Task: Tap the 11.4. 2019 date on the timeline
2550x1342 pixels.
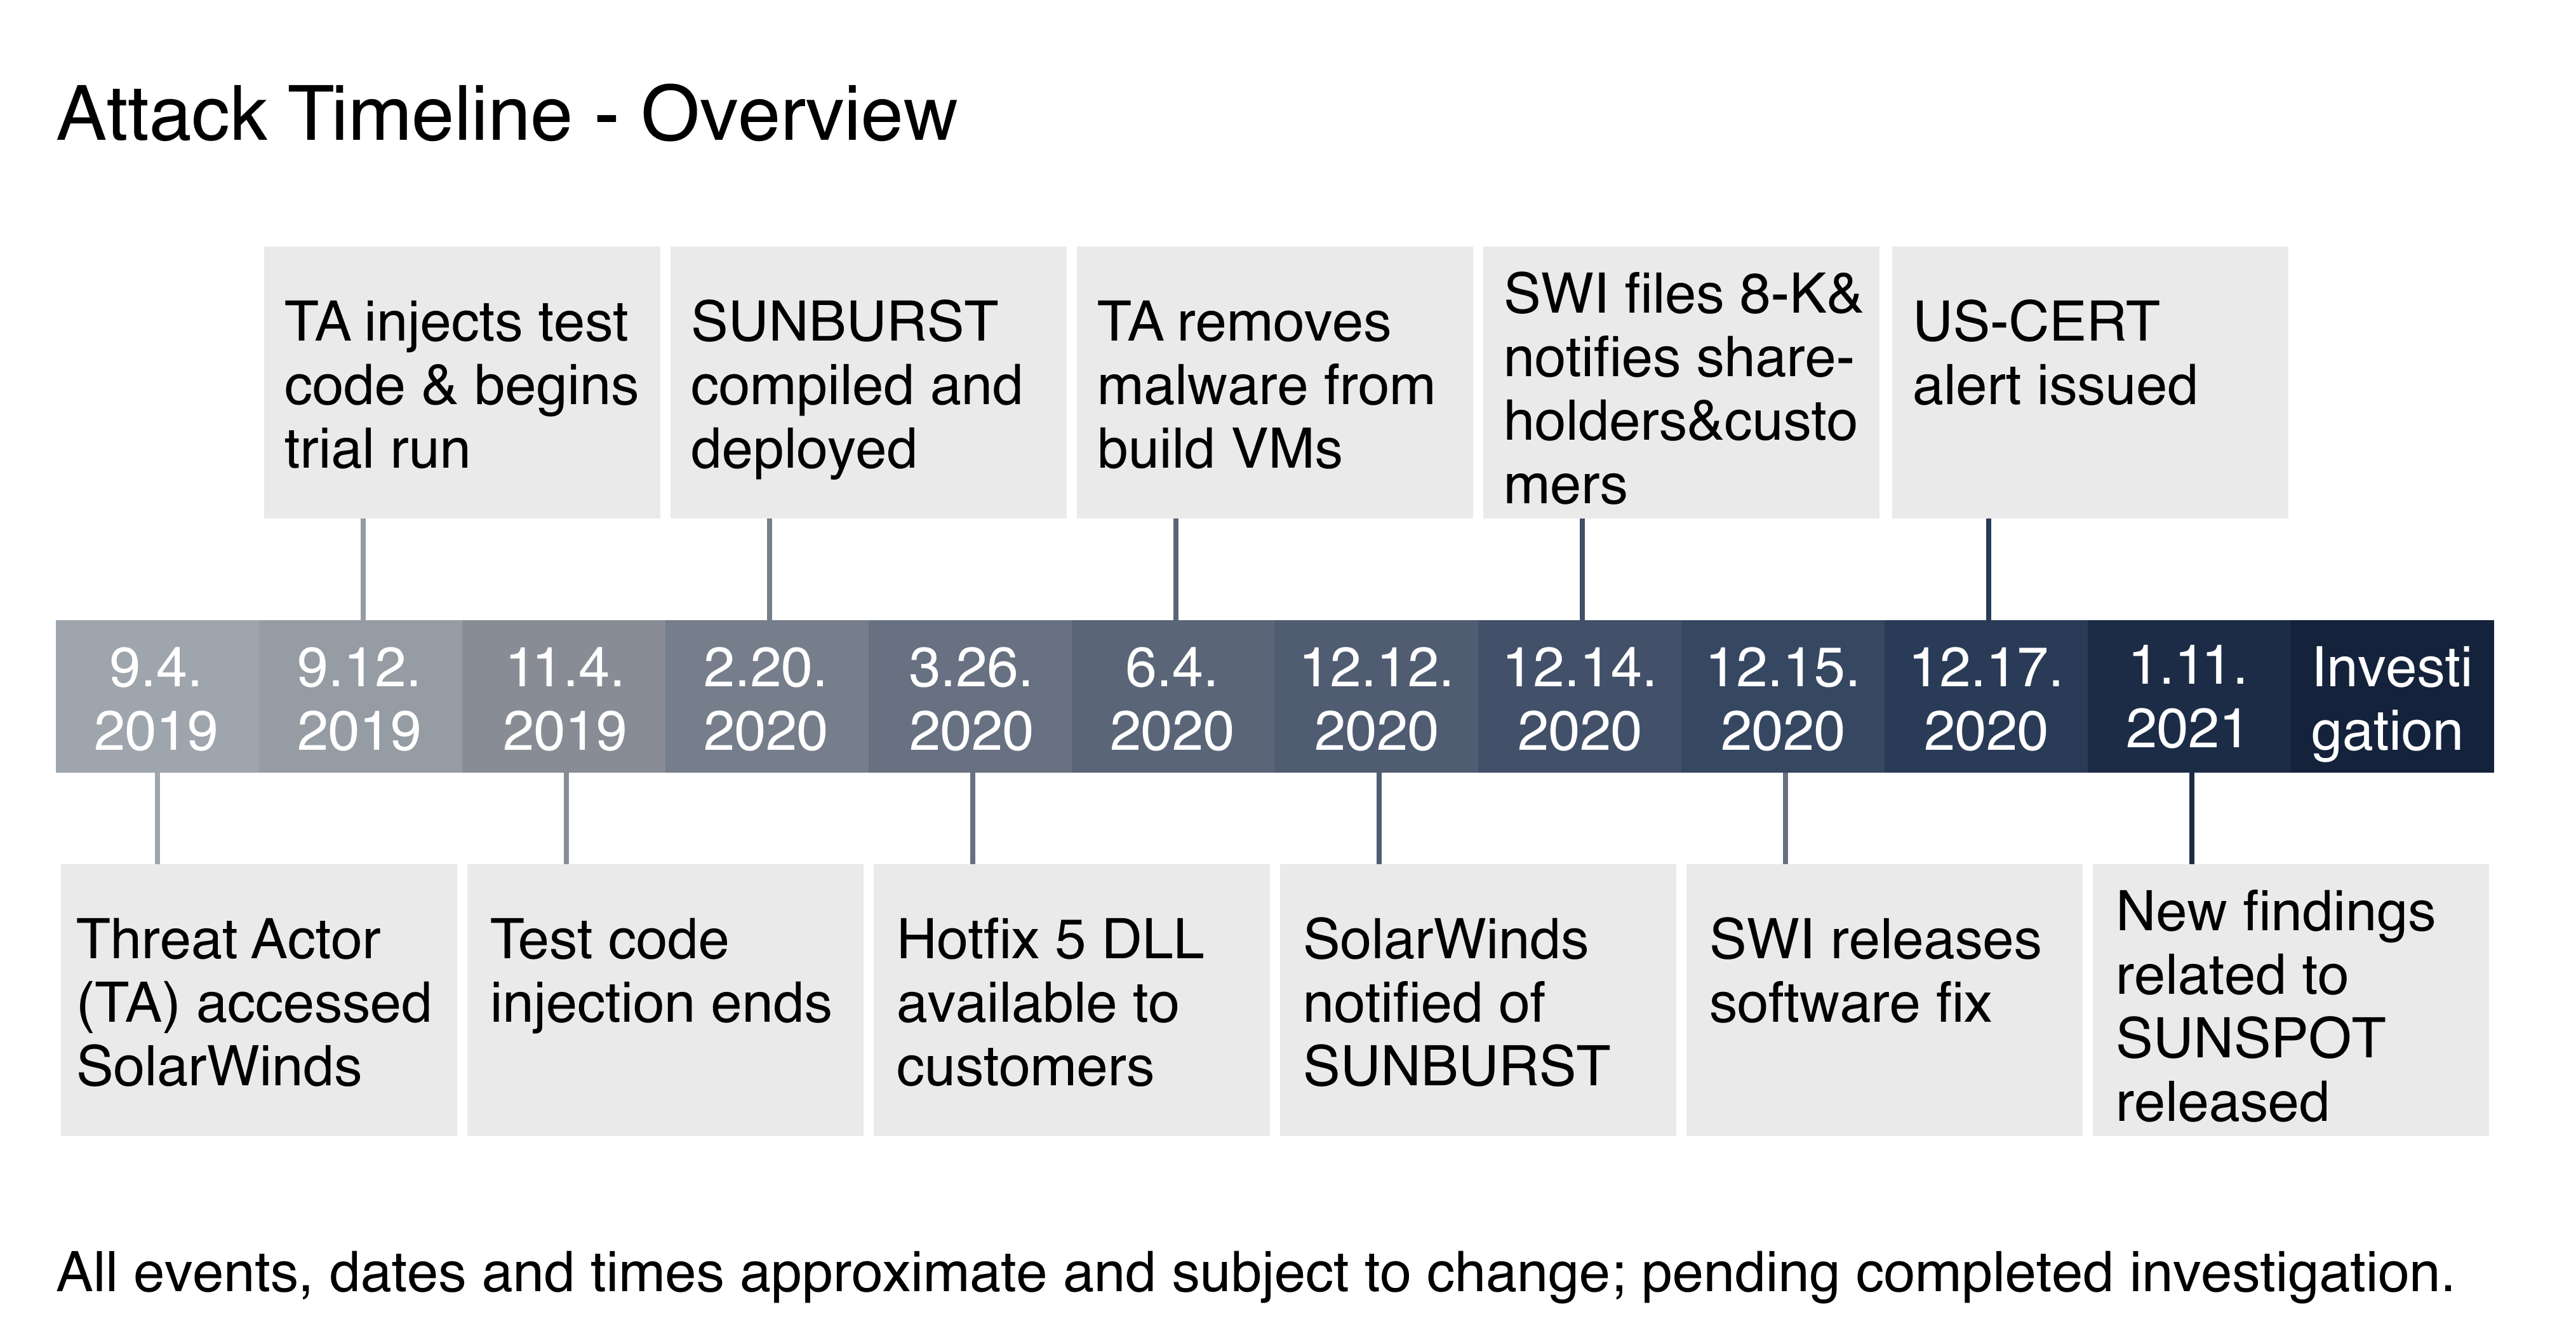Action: coord(564,696)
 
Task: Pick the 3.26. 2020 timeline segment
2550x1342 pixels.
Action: coord(970,696)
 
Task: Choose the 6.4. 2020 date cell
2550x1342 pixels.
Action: coord(1173,696)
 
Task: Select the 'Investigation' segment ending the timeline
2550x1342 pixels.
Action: coord(2393,696)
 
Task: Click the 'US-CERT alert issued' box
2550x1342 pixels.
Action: coord(2090,383)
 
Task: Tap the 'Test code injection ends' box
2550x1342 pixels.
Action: coord(665,1000)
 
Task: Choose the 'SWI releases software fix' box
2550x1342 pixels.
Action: coord(1885,1000)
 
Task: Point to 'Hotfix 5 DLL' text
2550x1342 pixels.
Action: coord(1050,939)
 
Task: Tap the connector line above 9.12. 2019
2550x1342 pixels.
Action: coord(363,569)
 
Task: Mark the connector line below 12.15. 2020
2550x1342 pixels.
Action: coord(1786,818)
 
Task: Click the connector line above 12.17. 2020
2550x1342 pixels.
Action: coord(1989,569)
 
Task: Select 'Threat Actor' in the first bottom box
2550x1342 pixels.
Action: coord(229,939)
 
